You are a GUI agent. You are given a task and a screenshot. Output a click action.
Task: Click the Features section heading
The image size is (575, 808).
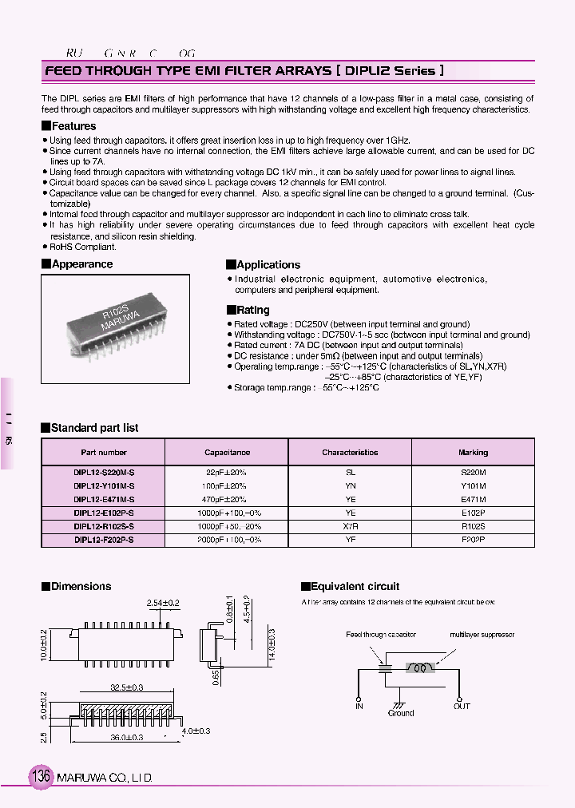tap(73, 126)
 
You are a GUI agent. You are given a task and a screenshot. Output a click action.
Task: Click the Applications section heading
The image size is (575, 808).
tap(268, 265)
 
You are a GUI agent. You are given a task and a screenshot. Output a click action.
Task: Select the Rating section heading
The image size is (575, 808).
tap(253, 310)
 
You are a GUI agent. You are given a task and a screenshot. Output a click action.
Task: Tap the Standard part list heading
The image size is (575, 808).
tap(94, 428)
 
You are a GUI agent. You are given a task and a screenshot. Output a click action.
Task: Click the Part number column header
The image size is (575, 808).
tap(103, 453)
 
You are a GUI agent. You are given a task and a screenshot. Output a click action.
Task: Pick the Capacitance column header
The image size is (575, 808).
tap(227, 453)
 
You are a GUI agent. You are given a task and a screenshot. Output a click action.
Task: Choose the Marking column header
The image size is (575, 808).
tap(473, 453)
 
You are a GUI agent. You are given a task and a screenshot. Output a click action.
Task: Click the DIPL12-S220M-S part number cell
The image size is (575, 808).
tap(103, 473)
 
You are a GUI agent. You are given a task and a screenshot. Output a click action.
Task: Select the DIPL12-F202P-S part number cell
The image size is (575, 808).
tap(103, 540)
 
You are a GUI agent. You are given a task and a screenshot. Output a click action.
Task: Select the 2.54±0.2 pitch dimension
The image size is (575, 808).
tap(163, 603)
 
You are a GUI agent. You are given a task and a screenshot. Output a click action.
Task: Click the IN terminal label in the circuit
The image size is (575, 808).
tap(359, 707)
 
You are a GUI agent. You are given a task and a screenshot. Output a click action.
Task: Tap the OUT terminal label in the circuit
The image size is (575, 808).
tap(462, 707)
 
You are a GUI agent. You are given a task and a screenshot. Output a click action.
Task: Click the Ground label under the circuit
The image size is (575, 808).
tap(401, 713)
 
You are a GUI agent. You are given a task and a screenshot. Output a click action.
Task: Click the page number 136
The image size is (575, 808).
tap(41, 776)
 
